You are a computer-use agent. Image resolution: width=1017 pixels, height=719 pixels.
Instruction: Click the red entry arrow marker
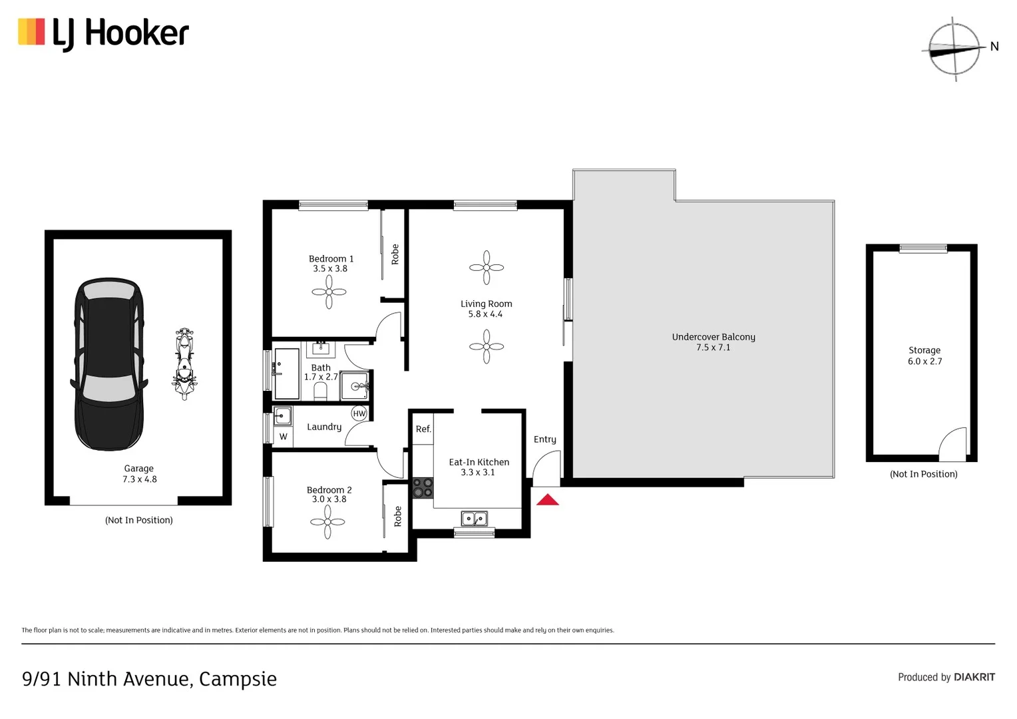(x=548, y=499)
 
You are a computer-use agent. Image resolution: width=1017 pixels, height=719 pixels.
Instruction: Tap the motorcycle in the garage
(x=184, y=363)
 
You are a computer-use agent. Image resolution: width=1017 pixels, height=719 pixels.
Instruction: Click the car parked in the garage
(x=108, y=363)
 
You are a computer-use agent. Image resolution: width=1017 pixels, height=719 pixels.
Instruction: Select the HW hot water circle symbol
(x=359, y=413)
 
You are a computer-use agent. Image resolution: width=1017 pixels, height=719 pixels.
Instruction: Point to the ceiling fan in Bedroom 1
(x=329, y=292)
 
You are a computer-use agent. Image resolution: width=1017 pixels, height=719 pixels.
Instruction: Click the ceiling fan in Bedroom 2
(x=327, y=522)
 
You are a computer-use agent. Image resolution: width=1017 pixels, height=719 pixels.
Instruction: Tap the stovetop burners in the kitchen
(x=423, y=488)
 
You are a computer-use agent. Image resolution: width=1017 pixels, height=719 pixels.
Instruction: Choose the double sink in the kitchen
(x=474, y=518)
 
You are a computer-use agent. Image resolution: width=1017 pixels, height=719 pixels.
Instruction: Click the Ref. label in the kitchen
(x=423, y=429)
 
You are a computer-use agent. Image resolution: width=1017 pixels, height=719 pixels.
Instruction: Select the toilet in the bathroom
(x=320, y=391)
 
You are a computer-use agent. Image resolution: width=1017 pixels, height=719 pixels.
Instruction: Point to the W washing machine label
(x=284, y=437)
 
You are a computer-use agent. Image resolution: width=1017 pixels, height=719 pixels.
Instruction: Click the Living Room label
(x=487, y=304)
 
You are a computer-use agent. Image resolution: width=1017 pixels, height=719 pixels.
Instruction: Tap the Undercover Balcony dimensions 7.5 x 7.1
(x=713, y=348)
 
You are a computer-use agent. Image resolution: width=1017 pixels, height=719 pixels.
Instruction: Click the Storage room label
(x=924, y=350)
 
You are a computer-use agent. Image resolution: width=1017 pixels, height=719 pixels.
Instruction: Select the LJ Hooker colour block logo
(x=31, y=32)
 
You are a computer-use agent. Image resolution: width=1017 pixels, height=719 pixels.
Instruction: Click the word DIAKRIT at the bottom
(x=974, y=677)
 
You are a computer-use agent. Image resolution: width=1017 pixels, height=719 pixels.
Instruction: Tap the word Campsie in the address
(x=238, y=679)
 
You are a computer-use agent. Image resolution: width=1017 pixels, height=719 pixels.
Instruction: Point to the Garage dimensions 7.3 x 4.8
(x=139, y=479)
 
